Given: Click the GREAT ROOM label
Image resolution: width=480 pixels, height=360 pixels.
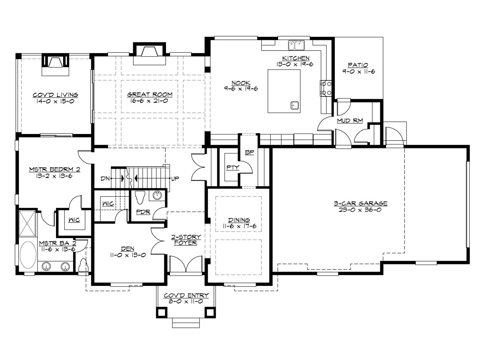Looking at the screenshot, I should pos(150,95).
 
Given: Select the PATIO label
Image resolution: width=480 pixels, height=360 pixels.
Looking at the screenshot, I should pos(358,65).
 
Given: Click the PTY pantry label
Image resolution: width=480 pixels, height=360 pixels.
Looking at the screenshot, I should pos(232,168).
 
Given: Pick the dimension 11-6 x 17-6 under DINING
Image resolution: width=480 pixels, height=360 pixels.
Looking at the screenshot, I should pos(239,226).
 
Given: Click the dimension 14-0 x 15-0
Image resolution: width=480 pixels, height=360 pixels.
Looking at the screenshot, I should pos(56,102).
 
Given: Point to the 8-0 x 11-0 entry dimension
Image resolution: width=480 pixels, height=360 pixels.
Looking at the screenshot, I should pos(186,302).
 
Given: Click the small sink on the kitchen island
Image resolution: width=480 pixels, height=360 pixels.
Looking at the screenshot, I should pos(295,105).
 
